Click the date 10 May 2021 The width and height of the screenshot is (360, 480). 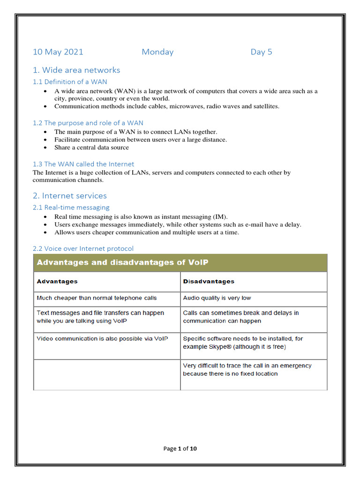click(x=58, y=52)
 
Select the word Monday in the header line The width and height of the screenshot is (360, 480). click(x=157, y=52)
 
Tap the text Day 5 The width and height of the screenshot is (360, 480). click(x=261, y=52)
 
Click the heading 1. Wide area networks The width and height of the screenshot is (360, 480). click(x=76, y=70)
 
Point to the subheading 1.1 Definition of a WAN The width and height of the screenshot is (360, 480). click(x=70, y=82)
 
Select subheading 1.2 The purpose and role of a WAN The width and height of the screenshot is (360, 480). click(x=88, y=123)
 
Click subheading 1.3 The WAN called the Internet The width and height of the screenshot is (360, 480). click(x=83, y=164)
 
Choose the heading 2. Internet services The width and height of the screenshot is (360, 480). click(x=70, y=196)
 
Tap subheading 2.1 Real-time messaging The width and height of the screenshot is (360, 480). click(x=71, y=207)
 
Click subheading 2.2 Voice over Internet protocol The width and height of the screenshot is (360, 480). click(x=83, y=248)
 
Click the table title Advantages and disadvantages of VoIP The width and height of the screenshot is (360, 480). click(x=122, y=262)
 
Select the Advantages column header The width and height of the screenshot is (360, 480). click(x=57, y=281)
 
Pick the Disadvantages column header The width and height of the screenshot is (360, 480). click(x=209, y=281)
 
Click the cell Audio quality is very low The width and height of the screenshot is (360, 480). click(x=217, y=298)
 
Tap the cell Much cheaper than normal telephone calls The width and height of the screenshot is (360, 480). click(x=97, y=298)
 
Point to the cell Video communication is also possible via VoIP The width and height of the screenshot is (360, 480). click(x=102, y=338)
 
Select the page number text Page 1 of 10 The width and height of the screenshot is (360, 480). click(x=180, y=449)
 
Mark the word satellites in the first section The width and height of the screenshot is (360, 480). click(x=264, y=106)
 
